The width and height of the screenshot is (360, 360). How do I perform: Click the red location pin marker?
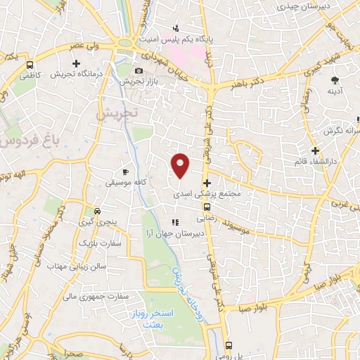(x=181, y=165)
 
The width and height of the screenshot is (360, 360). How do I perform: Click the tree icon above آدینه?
(x=335, y=79)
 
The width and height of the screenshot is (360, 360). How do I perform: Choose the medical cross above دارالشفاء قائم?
(x=316, y=150)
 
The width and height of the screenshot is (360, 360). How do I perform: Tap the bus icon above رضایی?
(x=206, y=207)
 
